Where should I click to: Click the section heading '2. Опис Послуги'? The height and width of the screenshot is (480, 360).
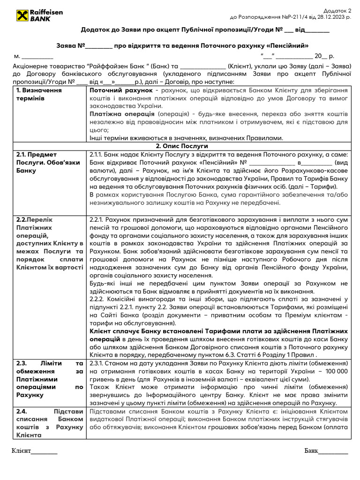181,146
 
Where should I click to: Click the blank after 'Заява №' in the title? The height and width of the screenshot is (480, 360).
99,46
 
